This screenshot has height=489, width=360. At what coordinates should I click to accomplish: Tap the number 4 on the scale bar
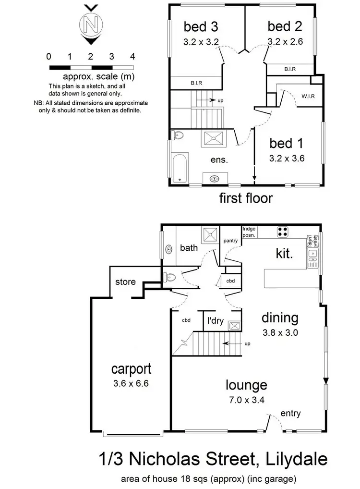pos(132,57)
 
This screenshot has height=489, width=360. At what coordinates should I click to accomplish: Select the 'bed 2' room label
pos(285,25)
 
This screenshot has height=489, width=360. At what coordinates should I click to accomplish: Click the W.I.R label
pos(308,96)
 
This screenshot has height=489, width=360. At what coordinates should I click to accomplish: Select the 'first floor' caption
pos(246,197)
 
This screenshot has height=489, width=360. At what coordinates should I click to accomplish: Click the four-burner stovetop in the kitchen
pos(283,232)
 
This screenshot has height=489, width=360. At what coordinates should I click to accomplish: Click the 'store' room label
pos(125,282)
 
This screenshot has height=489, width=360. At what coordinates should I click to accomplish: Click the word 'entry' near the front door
pos(290,414)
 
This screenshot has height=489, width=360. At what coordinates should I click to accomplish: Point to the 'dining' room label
pos(280,318)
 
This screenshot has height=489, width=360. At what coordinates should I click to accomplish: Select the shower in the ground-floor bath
pos(210,233)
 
